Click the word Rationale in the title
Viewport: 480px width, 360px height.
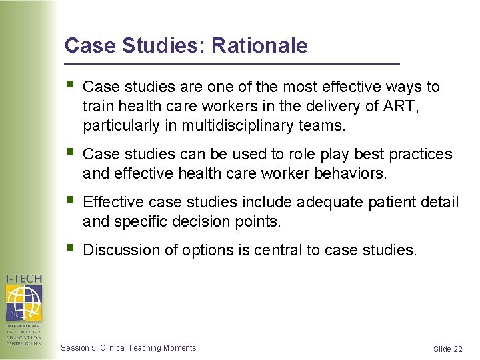[x=260, y=45]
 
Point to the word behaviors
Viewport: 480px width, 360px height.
[x=353, y=173]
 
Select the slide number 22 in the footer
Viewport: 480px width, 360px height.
[x=457, y=349]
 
